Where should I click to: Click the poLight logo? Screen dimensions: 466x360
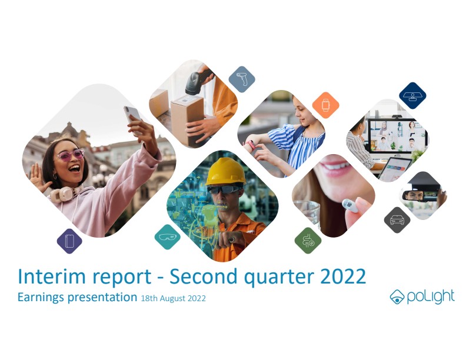pos(422,296)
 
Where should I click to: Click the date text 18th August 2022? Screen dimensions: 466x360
pos(173,298)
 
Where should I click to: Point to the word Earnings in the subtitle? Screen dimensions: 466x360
pos(41,298)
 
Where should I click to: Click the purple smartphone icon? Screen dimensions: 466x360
pos(69,241)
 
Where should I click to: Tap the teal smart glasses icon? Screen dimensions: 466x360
pos(168,236)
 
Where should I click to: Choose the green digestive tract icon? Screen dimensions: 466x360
pos(308,241)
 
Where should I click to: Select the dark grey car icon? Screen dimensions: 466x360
pos(397,220)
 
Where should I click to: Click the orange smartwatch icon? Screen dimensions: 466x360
pos(326,105)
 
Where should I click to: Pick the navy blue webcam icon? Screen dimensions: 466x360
pos(412,96)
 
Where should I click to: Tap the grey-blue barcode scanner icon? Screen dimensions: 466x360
pos(242,79)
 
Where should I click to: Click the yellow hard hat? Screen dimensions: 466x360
pos(226,172)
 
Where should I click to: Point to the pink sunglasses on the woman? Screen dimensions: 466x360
pos(71,155)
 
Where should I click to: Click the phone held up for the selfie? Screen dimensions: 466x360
pos(132,118)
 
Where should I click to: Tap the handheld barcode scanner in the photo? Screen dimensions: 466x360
pos(198,79)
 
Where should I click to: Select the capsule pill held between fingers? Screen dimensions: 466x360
pos(351,205)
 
